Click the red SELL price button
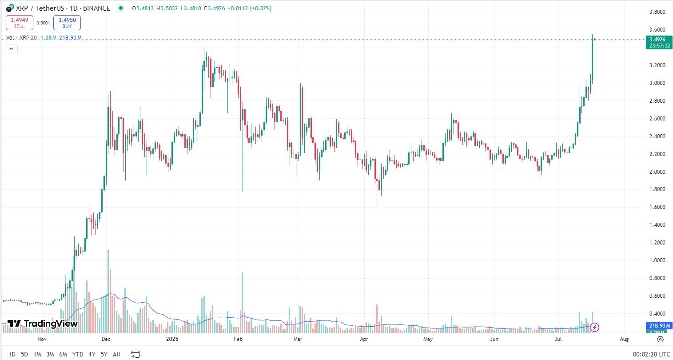pos(19,23)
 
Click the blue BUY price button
pos(67,23)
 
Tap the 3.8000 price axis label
pos(657,12)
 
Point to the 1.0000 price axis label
pos(657,260)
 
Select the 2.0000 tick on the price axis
pos(657,172)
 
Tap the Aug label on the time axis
pos(624,339)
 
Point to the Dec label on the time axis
pos(106,339)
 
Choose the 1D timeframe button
pos(12,354)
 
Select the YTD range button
pos(78,354)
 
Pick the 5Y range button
pos(104,354)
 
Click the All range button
pos(116,354)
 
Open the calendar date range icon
pos(135,354)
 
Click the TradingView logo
pos(43,324)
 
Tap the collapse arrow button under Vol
pos(11,49)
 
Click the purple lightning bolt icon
pos(594,328)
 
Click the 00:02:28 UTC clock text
pos(651,354)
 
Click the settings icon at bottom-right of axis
pos(660,339)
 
